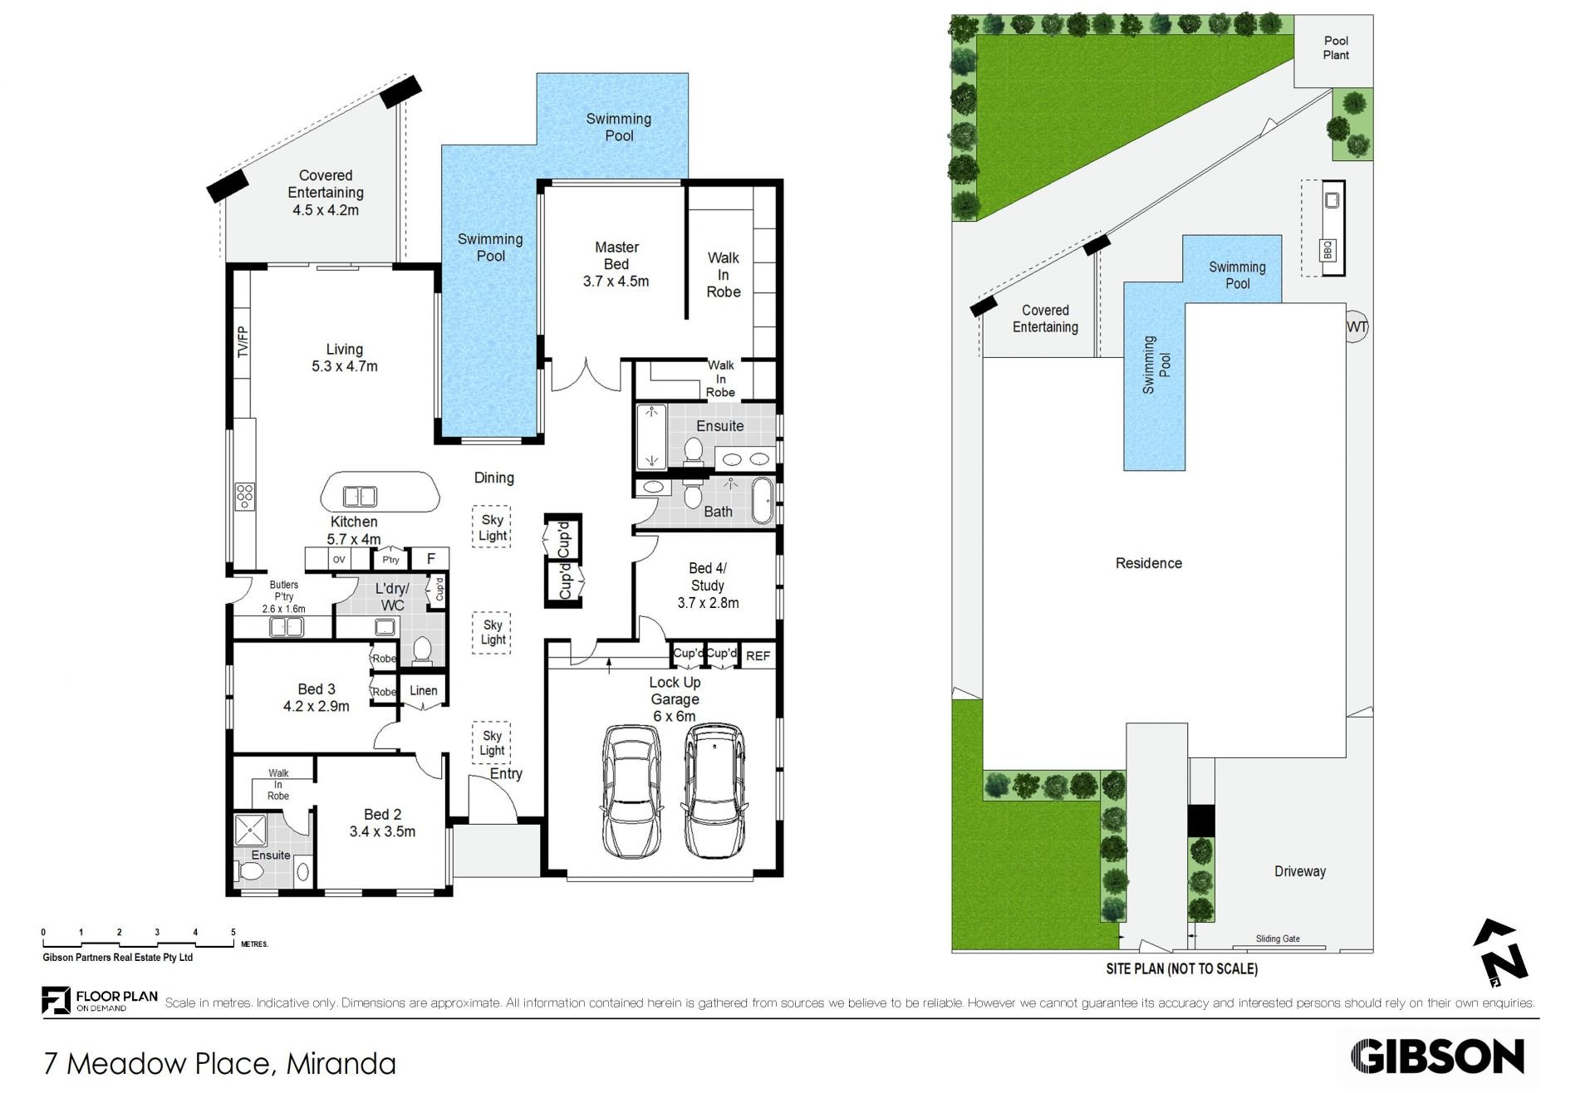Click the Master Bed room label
tap(616, 264)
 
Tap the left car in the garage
tap(631, 792)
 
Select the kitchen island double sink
tap(360, 497)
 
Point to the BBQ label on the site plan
tap(1327, 249)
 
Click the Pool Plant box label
tap(1336, 47)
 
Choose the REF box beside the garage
tap(758, 655)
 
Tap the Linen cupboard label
tap(423, 690)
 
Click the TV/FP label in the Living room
tap(243, 342)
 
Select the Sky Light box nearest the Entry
tap(492, 743)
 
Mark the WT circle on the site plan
tap(1357, 327)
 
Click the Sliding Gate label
tap(1278, 939)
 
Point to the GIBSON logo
tap(1437, 1056)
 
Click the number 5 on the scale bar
tap(233, 932)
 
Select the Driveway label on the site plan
tap(1300, 871)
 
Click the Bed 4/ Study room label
tap(708, 585)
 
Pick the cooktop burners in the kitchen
tap(245, 496)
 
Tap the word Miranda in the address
tap(341, 1063)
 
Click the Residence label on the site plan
tap(1148, 563)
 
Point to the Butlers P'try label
tap(284, 596)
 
